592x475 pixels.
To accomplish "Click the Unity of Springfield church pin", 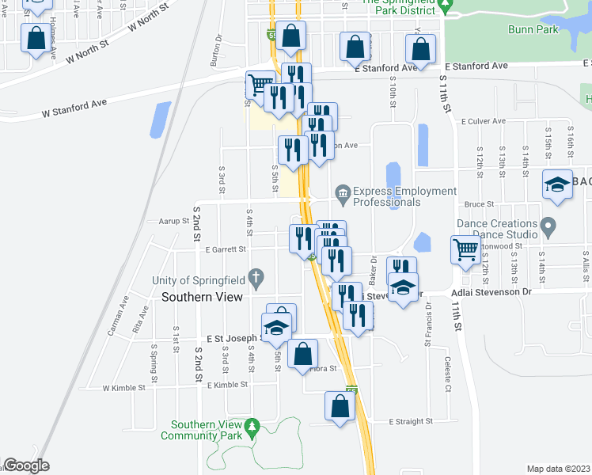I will tap(255, 278).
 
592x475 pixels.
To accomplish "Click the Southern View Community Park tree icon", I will tap(252, 428).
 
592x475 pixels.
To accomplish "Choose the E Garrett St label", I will tap(226, 249).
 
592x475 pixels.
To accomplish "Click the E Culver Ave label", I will tap(486, 121).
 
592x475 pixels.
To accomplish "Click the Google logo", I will tap(26, 465).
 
